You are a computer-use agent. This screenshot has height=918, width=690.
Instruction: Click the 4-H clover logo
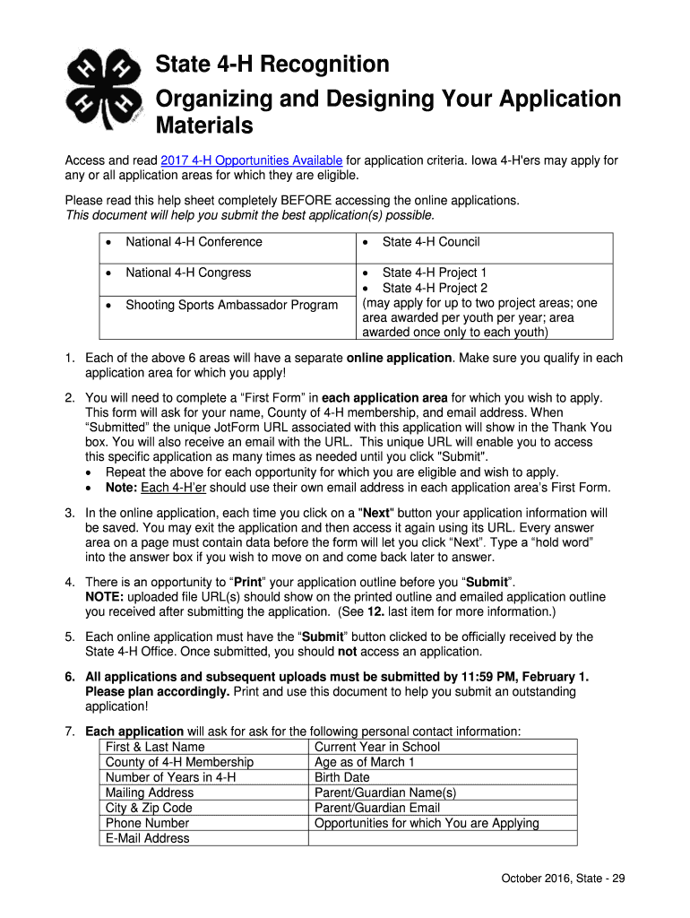105,89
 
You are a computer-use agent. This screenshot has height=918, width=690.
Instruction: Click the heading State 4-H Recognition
272,65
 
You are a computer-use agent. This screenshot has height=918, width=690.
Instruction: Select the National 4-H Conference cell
194,242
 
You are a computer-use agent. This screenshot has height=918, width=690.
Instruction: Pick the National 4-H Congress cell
188,273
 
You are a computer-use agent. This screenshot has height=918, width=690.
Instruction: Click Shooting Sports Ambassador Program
231,305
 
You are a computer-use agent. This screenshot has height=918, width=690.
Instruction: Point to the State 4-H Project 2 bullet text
435,288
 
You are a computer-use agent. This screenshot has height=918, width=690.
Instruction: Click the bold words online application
399,358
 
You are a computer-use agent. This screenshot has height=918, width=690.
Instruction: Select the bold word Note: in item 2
122,488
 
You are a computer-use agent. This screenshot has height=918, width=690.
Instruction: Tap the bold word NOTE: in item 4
105,597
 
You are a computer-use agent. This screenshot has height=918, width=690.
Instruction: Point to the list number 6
69,676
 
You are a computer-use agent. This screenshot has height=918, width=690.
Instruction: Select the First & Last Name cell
155,747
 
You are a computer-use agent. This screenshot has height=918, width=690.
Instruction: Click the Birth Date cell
342,777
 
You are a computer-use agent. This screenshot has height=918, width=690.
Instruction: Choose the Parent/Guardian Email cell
377,808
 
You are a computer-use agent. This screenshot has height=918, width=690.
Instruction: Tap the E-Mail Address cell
148,838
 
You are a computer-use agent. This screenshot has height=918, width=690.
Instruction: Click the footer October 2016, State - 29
563,879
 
